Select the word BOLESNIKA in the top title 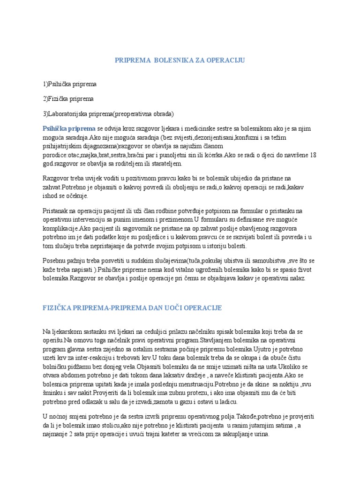(169, 60)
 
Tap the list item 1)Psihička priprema (69, 84)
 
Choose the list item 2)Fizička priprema (68, 99)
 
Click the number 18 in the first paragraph (313, 155)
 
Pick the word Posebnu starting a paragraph (54, 260)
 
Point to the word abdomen (77, 375)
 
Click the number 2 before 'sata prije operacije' (70, 435)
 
